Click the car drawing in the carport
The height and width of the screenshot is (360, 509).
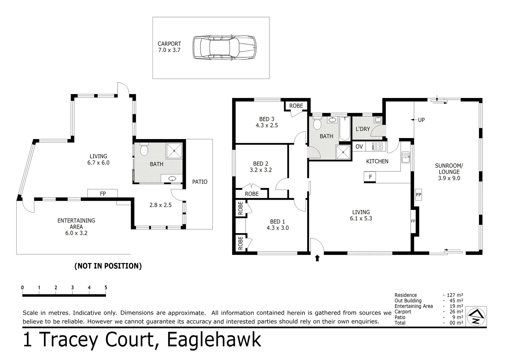click(x=225, y=48)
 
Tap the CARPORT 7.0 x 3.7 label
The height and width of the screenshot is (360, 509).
click(x=169, y=47)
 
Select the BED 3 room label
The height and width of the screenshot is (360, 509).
click(x=266, y=122)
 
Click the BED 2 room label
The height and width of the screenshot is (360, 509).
click(x=260, y=167)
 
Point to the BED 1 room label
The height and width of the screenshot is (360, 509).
click(x=277, y=225)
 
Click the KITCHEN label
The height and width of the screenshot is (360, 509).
click(x=377, y=161)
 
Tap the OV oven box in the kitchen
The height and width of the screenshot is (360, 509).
click(x=359, y=146)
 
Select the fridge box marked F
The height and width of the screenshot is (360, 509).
click(x=370, y=177)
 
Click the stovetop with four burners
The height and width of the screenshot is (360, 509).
click(x=377, y=146)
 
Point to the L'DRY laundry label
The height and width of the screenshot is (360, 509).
click(x=363, y=129)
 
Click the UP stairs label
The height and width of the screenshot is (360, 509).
click(x=421, y=120)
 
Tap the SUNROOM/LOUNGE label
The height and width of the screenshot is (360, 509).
click(x=449, y=172)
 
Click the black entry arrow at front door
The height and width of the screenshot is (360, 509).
click(x=317, y=258)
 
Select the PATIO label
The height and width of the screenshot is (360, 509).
click(x=200, y=182)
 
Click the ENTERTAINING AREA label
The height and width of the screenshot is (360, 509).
click(x=76, y=227)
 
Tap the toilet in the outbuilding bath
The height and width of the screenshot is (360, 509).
click(x=144, y=150)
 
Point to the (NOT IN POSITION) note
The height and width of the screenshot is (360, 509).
click(x=108, y=266)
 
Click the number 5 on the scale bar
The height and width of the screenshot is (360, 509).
click(x=106, y=288)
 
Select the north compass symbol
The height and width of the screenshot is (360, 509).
click(x=476, y=316)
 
